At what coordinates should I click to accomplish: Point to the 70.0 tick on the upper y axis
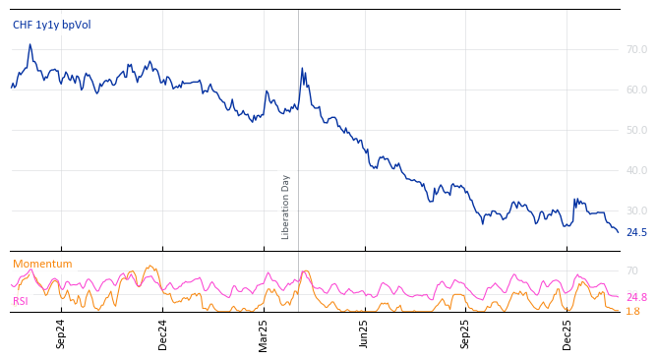tap(636, 49)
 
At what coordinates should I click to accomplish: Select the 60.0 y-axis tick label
tap(636, 90)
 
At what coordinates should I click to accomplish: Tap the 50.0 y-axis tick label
tap(636, 130)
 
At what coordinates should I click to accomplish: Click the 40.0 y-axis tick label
tap(636, 170)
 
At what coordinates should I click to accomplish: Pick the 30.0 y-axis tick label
tap(636, 210)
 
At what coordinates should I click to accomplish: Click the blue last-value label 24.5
tap(636, 233)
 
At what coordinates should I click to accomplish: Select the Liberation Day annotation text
tap(286, 207)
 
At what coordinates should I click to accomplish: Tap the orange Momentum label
tap(42, 264)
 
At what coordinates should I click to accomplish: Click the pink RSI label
tap(21, 301)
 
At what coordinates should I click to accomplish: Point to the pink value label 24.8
tap(636, 297)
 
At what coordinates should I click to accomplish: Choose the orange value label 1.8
tap(632, 312)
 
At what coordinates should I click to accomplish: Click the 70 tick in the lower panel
tap(631, 270)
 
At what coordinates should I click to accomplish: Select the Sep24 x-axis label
tap(61, 333)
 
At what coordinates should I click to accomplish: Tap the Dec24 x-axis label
tap(162, 333)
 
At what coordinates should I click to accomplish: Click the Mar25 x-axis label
tap(264, 333)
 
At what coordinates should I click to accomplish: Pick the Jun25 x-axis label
tap(365, 333)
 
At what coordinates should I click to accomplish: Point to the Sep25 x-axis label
tap(466, 333)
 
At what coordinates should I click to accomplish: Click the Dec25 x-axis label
tap(567, 333)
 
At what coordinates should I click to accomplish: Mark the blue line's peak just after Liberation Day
tap(302, 69)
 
